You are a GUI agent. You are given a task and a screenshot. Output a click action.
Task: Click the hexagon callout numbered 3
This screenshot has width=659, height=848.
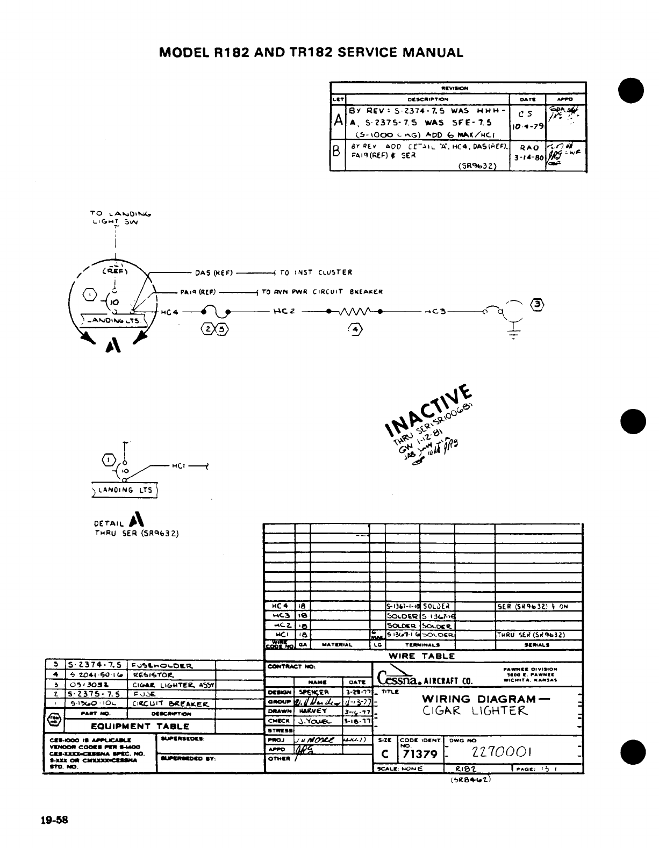point(537,303)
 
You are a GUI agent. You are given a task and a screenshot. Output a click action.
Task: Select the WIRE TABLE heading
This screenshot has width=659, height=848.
point(422,656)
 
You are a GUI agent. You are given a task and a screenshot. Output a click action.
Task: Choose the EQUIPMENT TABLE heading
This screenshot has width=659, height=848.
point(140,726)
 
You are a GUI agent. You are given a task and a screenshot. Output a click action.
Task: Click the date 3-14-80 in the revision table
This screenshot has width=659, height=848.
point(527,158)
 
